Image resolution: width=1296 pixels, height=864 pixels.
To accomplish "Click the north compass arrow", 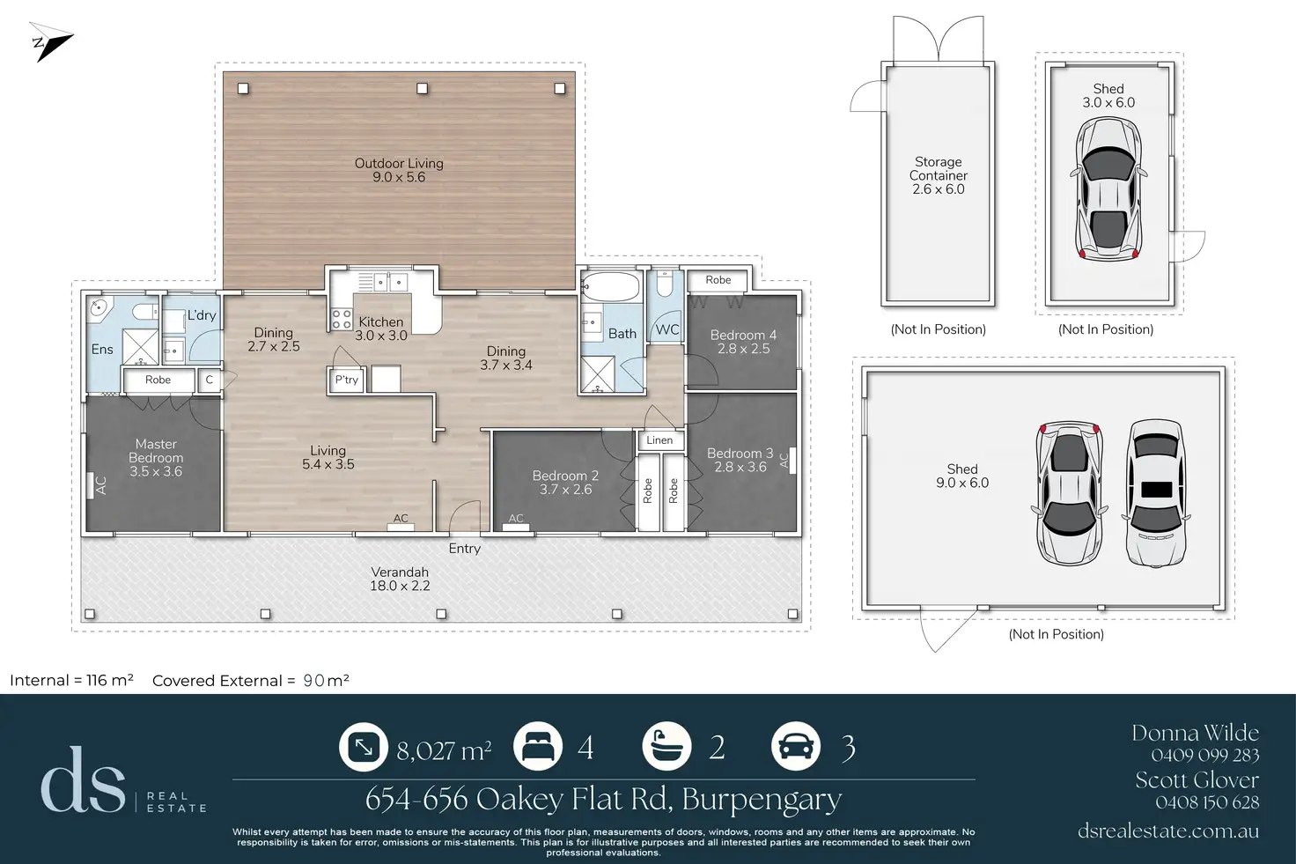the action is point(51,41).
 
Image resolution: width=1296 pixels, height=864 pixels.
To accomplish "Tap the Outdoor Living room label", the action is point(399,170).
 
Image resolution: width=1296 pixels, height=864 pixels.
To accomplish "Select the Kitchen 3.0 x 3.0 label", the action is point(380,329).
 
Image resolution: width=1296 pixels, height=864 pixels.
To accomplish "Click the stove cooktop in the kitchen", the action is point(342,319).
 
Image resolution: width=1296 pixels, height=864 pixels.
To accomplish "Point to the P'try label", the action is point(347,380).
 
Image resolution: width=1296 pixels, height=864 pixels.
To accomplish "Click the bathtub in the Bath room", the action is point(611,287).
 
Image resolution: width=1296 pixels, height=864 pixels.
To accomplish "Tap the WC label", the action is point(667,329).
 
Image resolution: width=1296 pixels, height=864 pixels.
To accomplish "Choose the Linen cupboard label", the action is point(659,439).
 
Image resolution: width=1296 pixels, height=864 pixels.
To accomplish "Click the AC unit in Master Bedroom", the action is point(91,485).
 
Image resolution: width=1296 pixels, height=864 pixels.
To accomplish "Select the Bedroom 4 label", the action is point(743,342).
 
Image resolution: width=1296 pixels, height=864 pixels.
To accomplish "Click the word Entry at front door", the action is point(465,548).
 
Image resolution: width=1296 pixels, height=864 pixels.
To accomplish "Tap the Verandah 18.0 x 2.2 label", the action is point(400,579).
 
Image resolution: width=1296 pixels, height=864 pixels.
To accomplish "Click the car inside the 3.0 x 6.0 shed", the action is point(1108,188).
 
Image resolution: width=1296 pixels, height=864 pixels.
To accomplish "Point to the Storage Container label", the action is point(938,175).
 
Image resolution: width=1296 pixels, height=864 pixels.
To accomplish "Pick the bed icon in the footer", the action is point(538,747).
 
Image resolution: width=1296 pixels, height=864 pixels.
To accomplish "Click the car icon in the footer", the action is point(796,747).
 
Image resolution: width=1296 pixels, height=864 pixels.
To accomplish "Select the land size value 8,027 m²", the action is point(444,750).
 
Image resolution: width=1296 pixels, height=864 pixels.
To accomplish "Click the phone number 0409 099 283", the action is point(1205,755).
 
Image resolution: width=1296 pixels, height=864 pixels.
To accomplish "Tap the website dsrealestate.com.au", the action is point(1168,831).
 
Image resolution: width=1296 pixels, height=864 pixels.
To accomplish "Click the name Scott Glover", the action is point(1197,780).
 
